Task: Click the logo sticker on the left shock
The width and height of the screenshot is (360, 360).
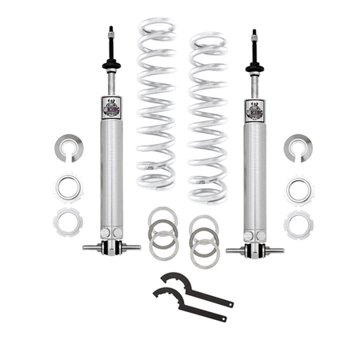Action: pos(111,107)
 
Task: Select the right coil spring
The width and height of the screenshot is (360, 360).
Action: pos(207,116)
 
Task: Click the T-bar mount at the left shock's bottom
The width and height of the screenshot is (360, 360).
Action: pos(111,246)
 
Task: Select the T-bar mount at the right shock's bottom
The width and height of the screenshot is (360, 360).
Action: pos(254,249)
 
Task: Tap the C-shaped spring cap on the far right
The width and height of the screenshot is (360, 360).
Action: pos(298,147)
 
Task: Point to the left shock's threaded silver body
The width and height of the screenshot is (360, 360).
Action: pos(111,176)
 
